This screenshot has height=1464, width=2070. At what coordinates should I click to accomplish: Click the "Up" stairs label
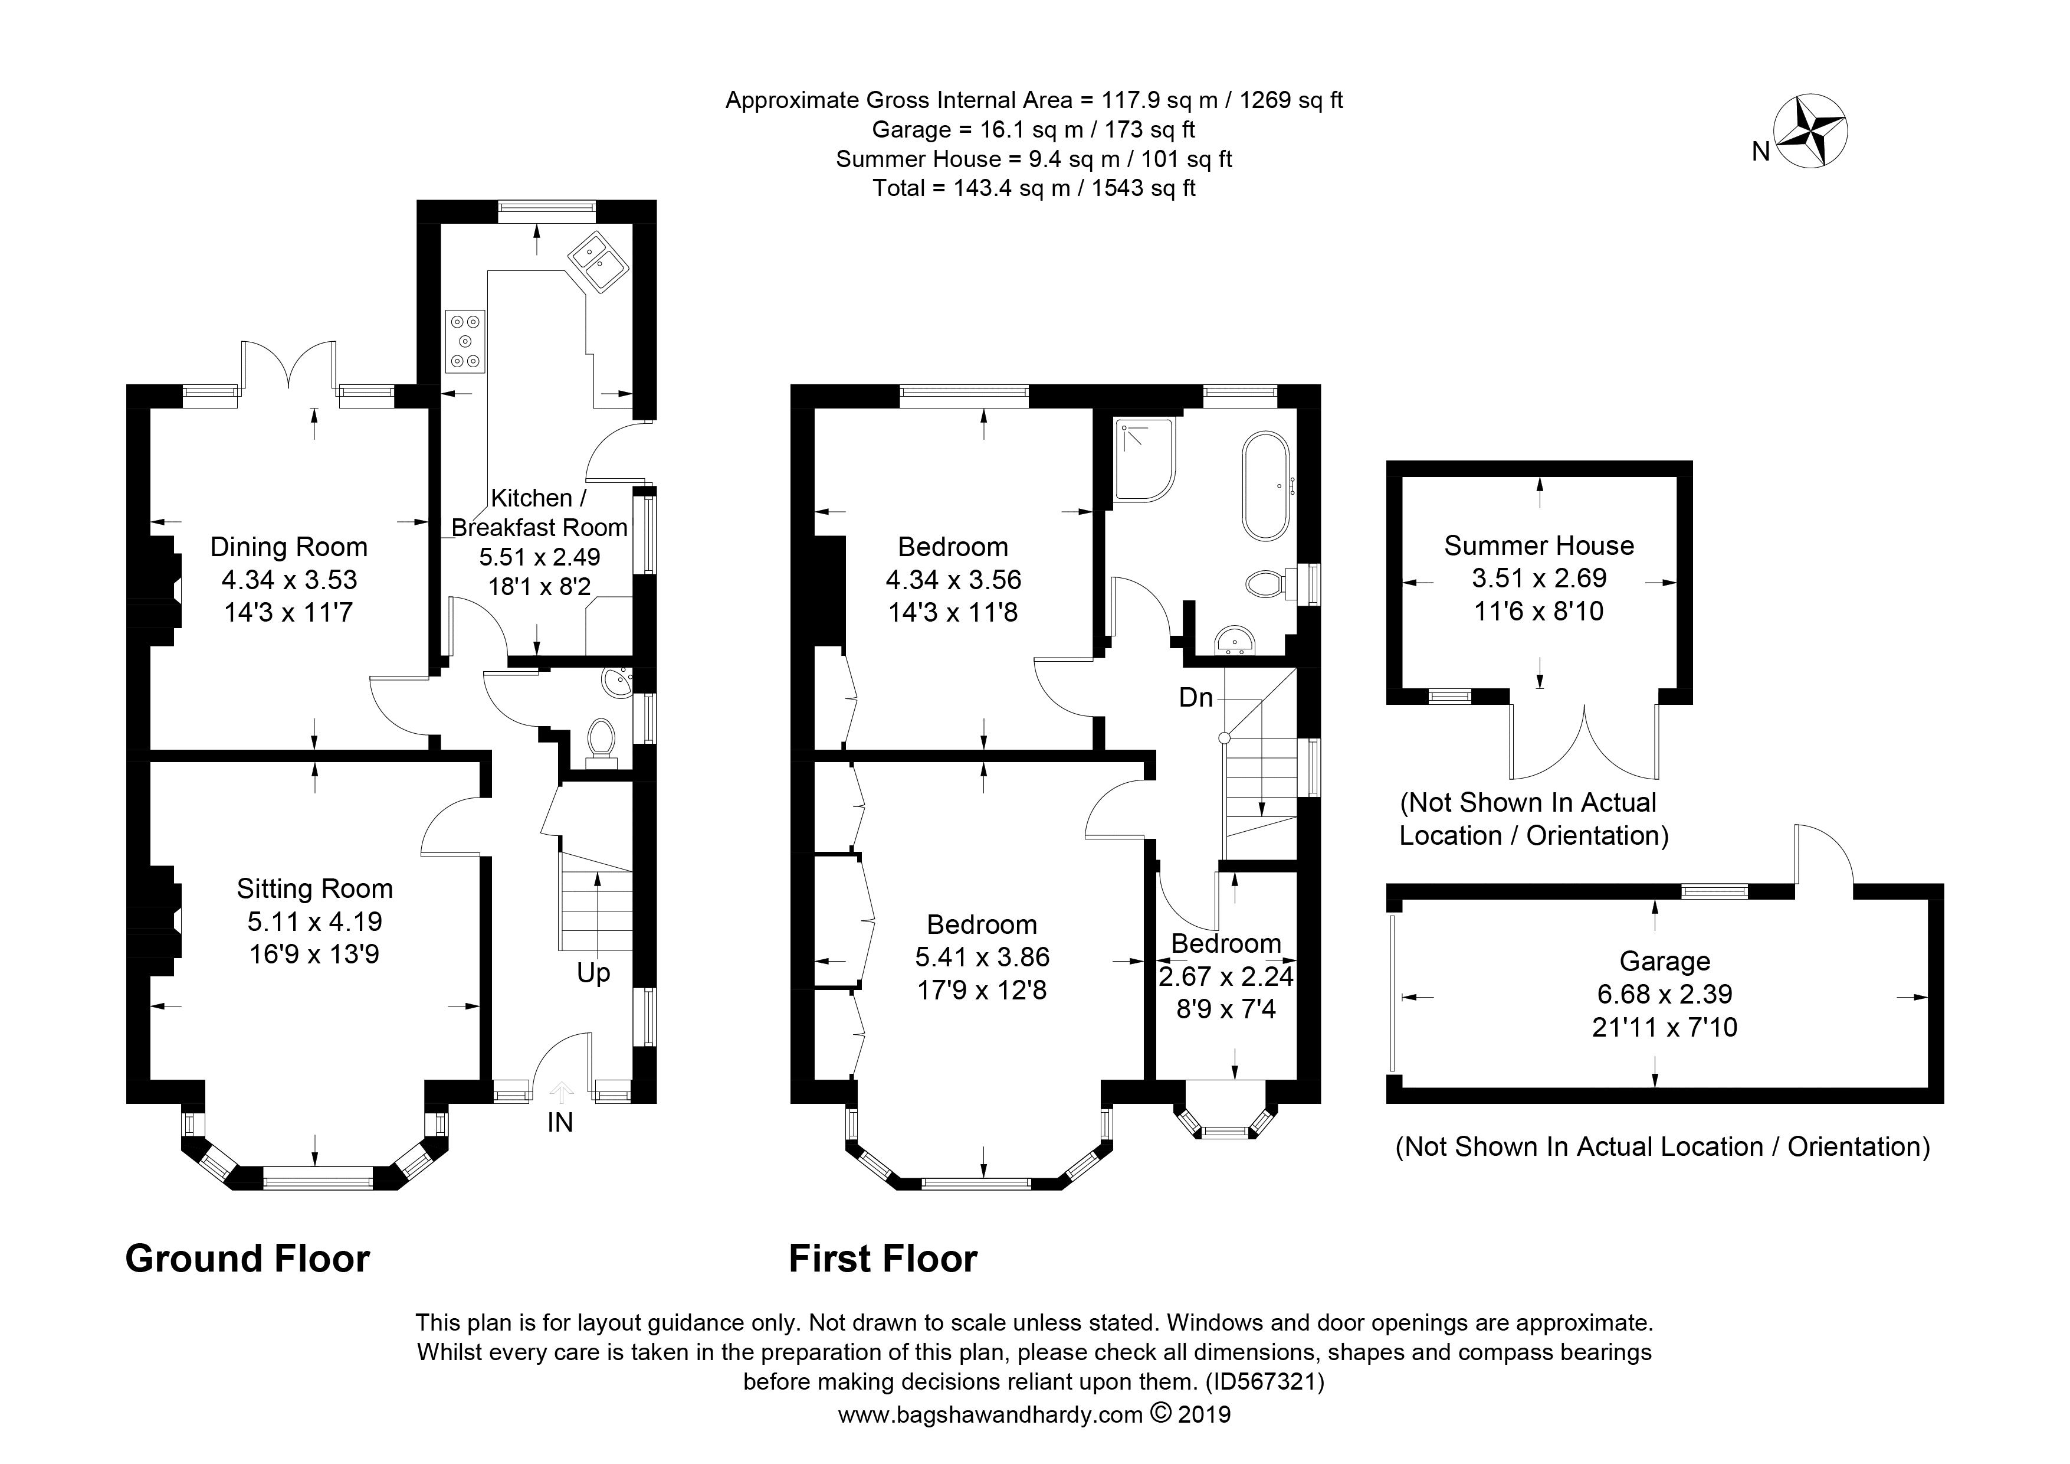[x=593, y=973]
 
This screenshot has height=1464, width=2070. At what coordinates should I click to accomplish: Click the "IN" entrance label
[x=560, y=1122]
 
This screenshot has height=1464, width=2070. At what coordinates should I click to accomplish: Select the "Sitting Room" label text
[x=314, y=890]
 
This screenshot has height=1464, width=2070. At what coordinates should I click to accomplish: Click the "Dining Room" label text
[x=288, y=548]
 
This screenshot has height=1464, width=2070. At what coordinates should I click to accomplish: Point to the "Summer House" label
[x=1539, y=545]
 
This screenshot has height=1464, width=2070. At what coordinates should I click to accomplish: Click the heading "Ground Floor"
[x=248, y=1259]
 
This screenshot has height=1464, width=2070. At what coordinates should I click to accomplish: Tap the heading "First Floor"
[x=884, y=1259]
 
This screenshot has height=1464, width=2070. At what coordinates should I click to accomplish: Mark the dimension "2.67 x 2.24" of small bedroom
[x=1226, y=976]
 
